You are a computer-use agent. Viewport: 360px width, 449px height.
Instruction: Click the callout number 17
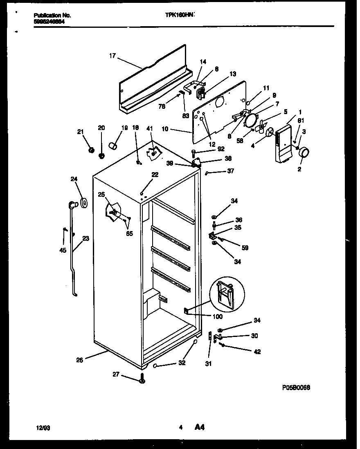112,56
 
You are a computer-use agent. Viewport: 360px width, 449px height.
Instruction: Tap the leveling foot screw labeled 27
142,379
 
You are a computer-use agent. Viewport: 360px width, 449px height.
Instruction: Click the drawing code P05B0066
296,388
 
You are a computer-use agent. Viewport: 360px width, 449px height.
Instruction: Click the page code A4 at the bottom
199,428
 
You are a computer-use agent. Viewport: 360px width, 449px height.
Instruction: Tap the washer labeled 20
101,155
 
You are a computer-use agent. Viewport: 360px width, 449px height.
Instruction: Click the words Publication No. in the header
52,15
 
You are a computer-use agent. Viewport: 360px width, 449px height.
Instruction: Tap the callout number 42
257,352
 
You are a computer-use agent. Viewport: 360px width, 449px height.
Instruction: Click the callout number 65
129,234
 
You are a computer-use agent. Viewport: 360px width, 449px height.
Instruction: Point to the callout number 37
230,171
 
